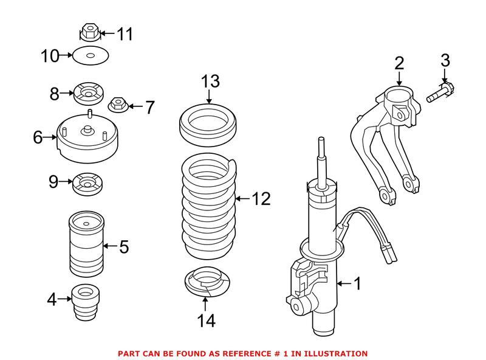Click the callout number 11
[x=125, y=33]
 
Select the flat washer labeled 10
[x=91, y=57]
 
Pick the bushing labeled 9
[x=87, y=183]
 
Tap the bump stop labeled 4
[x=85, y=302]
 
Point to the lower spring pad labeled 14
[x=208, y=283]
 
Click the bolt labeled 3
[x=438, y=96]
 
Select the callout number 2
[x=399, y=62]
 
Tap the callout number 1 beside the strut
[x=357, y=283]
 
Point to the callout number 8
[x=55, y=94]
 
